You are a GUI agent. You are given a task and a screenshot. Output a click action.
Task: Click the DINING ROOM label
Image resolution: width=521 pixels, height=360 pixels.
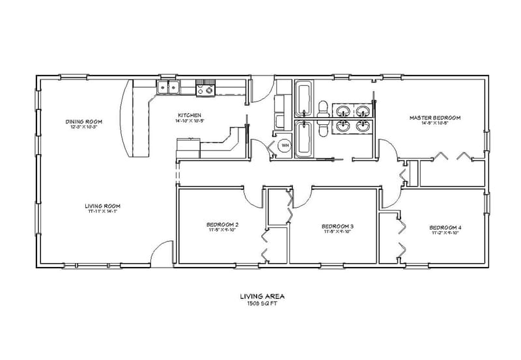pos(85,121)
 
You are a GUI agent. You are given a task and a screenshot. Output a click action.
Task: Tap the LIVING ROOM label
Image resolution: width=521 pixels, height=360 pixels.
pos(103,206)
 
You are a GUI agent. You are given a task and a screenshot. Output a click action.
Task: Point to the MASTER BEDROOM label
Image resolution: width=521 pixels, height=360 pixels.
pos(435,118)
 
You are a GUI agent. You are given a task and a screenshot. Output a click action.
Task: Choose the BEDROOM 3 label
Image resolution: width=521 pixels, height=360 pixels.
pos(337,227)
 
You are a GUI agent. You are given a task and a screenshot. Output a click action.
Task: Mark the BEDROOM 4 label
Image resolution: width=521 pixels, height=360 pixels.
pos(445,227)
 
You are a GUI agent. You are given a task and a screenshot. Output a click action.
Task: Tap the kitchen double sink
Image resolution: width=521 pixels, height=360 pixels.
pos(168,87)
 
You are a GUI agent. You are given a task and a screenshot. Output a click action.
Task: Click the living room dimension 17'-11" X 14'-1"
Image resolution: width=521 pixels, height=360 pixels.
pos(103,212)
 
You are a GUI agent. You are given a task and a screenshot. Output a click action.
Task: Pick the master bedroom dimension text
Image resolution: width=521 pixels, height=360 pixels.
pos(435,123)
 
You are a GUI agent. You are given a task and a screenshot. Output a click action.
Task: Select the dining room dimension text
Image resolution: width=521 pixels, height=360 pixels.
pos(85,126)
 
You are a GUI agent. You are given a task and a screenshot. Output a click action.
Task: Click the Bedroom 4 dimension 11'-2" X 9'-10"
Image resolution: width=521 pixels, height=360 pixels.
pos(445,232)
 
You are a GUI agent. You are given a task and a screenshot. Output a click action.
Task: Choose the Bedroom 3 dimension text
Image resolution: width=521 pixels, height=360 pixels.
pos(337,232)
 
